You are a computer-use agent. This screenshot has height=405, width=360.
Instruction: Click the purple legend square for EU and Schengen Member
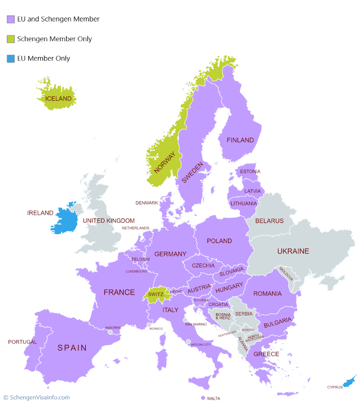click(11, 19)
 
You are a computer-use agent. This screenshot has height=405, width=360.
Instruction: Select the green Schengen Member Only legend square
click(11, 39)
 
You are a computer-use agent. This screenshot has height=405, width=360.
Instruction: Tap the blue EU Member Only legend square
click(11, 59)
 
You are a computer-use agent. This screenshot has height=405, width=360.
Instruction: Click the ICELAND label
click(58, 99)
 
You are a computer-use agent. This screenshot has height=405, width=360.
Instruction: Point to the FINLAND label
click(240, 140)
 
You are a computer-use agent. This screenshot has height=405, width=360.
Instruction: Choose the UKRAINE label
click(293, 251)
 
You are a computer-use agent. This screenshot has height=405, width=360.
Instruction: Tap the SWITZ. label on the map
click(156, 295)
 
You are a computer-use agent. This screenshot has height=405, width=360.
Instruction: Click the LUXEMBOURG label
click(136, 271)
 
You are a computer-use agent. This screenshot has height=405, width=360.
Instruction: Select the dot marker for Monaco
click(149, 325)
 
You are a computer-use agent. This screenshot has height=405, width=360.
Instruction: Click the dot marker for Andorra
click(110, 332)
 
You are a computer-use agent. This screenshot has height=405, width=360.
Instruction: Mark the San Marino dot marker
click(185, 320)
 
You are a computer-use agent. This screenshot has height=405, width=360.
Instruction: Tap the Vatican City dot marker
click(189, 342)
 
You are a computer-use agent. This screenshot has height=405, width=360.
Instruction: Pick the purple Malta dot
click(203, 398)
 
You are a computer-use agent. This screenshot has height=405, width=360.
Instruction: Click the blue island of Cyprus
click(351, 381)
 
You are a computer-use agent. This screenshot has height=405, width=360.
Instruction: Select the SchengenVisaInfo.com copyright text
click(36, 397)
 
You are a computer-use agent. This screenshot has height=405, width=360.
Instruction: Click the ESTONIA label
click(250, 171)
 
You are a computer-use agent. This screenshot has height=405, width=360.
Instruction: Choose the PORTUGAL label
click(22, 342)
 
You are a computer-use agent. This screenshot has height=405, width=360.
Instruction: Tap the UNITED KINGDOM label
click(108, 221)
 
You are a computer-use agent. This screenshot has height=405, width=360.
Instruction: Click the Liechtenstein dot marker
click(167, 292)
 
